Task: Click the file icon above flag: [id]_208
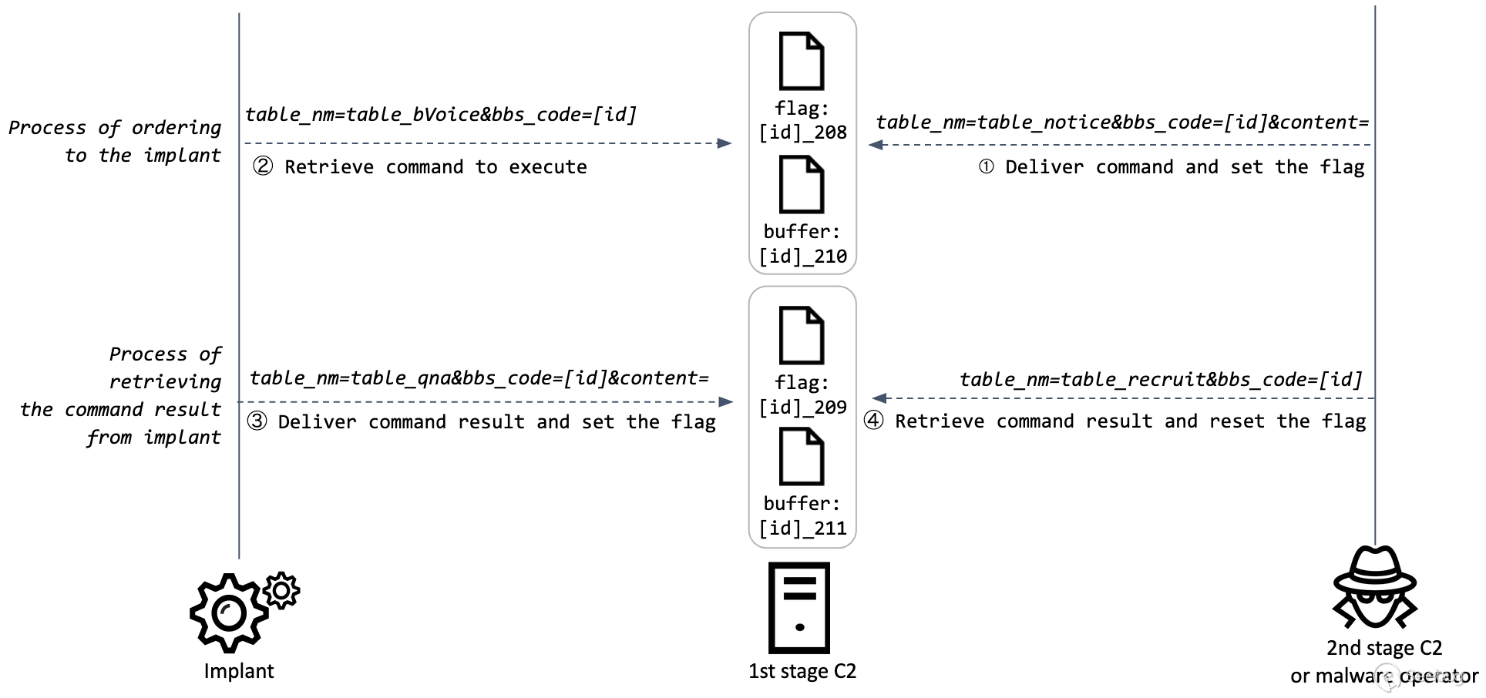click(x=802, y=61)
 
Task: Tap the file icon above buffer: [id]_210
click(x=802, y=185)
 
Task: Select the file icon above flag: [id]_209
click(x=802, y=335)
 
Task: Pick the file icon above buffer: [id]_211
click(x=802, y=456)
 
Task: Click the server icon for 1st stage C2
click(x=799, y=607)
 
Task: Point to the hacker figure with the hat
click(x=1375, y=587)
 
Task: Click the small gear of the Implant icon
click(x=281, y=591)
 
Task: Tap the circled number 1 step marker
click(x=986, y=167)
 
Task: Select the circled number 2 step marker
click(x=263, y=166)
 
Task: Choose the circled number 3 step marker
click(x=257, y=421)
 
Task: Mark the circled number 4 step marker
click(x=873, y=421)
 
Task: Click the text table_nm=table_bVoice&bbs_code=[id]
click(x=441, y=115)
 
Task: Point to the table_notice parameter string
click(x=1122, y=122)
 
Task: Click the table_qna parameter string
click(x=479, y=378)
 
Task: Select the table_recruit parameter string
click(x=1161, y=379)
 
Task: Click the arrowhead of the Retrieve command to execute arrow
click(x=725, y=143)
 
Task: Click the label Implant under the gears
click(x=238, y=671)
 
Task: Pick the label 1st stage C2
click(x=802, y=671)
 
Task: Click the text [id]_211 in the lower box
click(x=802, y=529)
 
